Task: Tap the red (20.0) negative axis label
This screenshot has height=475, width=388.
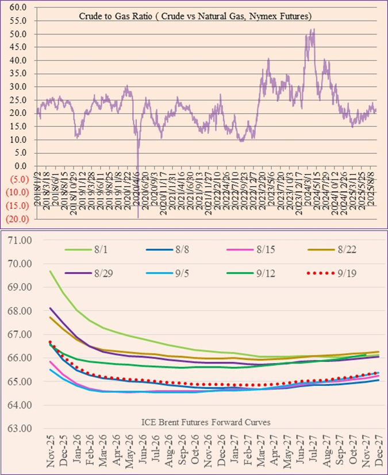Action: pyautogui.click(x=17, y=219)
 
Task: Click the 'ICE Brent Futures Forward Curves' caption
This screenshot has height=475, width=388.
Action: pyautogui.click(x=206, y=422)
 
